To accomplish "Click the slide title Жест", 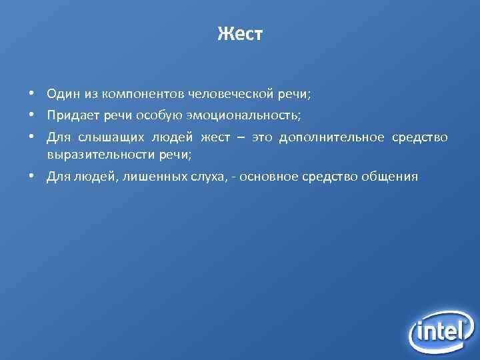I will tap(240, 34).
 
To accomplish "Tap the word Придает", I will tap(73, 116).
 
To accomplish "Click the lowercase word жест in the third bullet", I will tap(215, 137).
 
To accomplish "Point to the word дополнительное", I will tap(332, 137).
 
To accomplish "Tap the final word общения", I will tap(390, 177).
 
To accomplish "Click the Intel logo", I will tap(442, 330).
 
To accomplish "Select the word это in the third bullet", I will tap(261, 137).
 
